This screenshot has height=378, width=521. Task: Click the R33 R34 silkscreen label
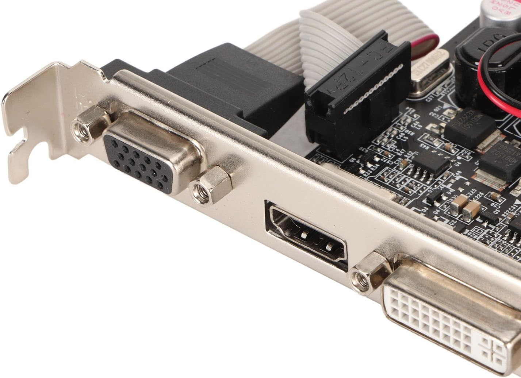371,169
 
